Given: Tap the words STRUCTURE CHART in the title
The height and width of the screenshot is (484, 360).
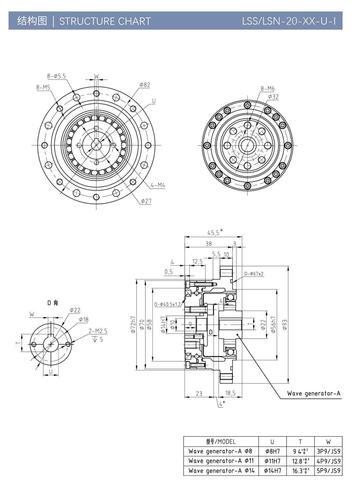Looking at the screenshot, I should tap(105, 21).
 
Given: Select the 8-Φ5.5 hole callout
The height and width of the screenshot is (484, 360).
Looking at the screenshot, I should tap(56, 76).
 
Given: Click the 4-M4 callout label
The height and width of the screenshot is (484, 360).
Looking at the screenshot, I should tap(157, 185).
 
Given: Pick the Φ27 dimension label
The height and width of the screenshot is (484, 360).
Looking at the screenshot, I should tap(146, 201).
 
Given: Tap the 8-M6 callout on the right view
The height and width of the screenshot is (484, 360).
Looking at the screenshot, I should tap(268, 88).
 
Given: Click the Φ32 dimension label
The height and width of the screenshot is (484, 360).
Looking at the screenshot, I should tap(273, 96).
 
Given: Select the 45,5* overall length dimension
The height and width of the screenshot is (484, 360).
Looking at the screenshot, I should tap(215, 232).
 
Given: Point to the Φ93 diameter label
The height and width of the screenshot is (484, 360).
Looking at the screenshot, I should tap(285, 324).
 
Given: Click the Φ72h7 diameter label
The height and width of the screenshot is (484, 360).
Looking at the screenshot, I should tap(134, 325).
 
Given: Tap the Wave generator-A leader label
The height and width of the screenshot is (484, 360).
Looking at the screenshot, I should tap(314, 393).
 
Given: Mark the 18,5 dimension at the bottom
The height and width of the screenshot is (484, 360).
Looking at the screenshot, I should tap(230, 393).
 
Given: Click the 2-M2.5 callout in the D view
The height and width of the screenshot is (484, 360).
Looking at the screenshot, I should tap(97, 331).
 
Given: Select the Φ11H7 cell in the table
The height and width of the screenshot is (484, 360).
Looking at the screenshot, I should tap(273, 461).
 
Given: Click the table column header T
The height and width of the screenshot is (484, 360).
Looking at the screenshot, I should tap(301, 441).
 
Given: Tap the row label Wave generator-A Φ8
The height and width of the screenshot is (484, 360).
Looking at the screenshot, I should tap(221, 451).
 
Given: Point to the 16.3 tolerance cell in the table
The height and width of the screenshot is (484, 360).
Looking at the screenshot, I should tap(301, 471).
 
